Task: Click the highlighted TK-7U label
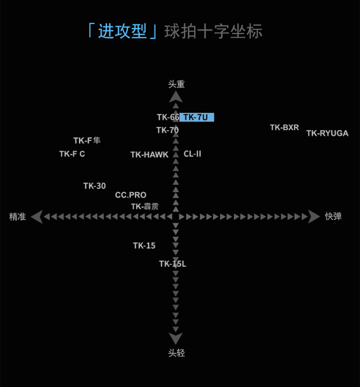[196, 117]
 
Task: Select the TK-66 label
[168, 117]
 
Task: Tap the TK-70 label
[167, 130]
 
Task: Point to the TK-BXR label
[284, 127]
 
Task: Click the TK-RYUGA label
[327, 133]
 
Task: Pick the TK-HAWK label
[149, 155]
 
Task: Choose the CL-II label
[192, 154]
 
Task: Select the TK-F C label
[72, 154]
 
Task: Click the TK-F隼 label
[87, 141]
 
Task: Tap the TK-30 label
[94, 186]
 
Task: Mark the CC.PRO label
[131, 195]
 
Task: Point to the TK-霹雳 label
[145, 207]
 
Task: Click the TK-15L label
[172, 264]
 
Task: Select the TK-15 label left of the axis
[144, 246]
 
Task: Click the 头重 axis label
[176, 84]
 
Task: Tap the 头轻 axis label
[176, 353]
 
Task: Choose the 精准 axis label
[17, 217]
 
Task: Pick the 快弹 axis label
[333, 217]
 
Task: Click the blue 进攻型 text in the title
[122, 31]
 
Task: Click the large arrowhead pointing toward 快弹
[314, 217]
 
